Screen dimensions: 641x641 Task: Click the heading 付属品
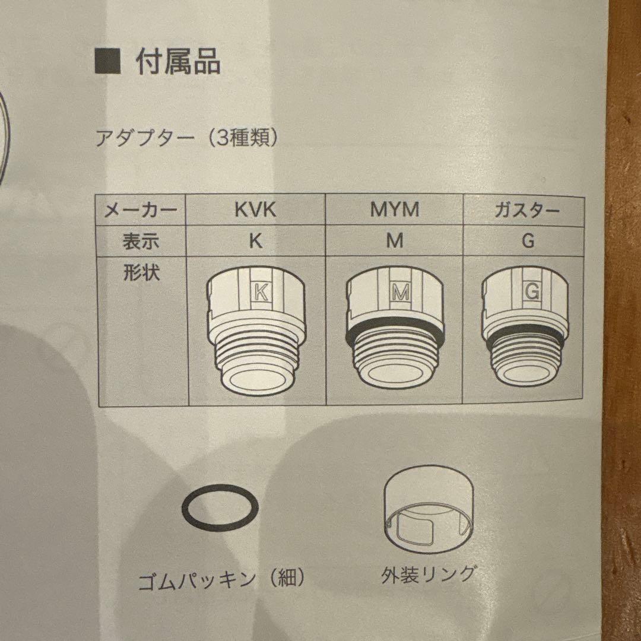pos(178,62)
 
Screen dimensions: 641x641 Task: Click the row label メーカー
pos(141,210)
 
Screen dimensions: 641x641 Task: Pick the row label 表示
pos(141,241)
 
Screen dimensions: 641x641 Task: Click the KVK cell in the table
pos(256,210)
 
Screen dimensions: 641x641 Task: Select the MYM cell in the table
pos(394,210)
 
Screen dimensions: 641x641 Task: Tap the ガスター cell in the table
pos(526,210)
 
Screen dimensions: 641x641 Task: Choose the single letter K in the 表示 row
pos(256,241)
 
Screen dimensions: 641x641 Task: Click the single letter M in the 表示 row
pos(394,241)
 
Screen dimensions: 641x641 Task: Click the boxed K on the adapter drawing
pos(260,291)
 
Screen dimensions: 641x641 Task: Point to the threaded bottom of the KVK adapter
pos(256,362)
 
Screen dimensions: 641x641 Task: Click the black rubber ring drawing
pos(220,507)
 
